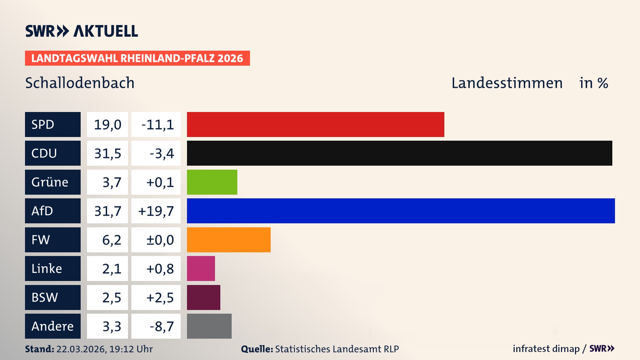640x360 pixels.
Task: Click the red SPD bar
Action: pyautogui.click(x=315, y=124)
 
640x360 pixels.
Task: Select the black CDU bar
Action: pyautogui.click(x=399, y=153)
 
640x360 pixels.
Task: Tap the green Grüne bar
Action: pyautogui.click(x=212, y=182)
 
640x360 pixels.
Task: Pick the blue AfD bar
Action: pyautogui.click(x=401, y=211)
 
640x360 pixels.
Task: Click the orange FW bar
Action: pyautogui.click(x=229, y=240)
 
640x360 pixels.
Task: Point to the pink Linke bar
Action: pyautogui.click(x=201, y=268)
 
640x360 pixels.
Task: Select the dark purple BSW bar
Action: pyautogui.click(x=203, y=297)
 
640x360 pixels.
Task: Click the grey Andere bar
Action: pyautogui.click(x=209, y=326)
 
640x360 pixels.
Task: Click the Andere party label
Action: pyautogui.click(x=53, y=326)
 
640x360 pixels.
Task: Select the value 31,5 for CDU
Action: pyautogui.click(x=107, y=153)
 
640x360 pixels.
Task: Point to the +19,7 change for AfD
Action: pyautogui.click(x=156, y=211)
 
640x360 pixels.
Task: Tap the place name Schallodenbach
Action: pyautogui.click(x=80, y=83)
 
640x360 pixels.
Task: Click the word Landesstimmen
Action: pyautogui.click(x=507, y=83)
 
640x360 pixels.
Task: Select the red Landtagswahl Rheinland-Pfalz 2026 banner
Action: pyautogui.click(x=137, y=58)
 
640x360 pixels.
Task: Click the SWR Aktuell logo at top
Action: pyautogui.click(x=81, y=31)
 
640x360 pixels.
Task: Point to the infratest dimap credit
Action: pyautogui.click(x=546, y=349)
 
